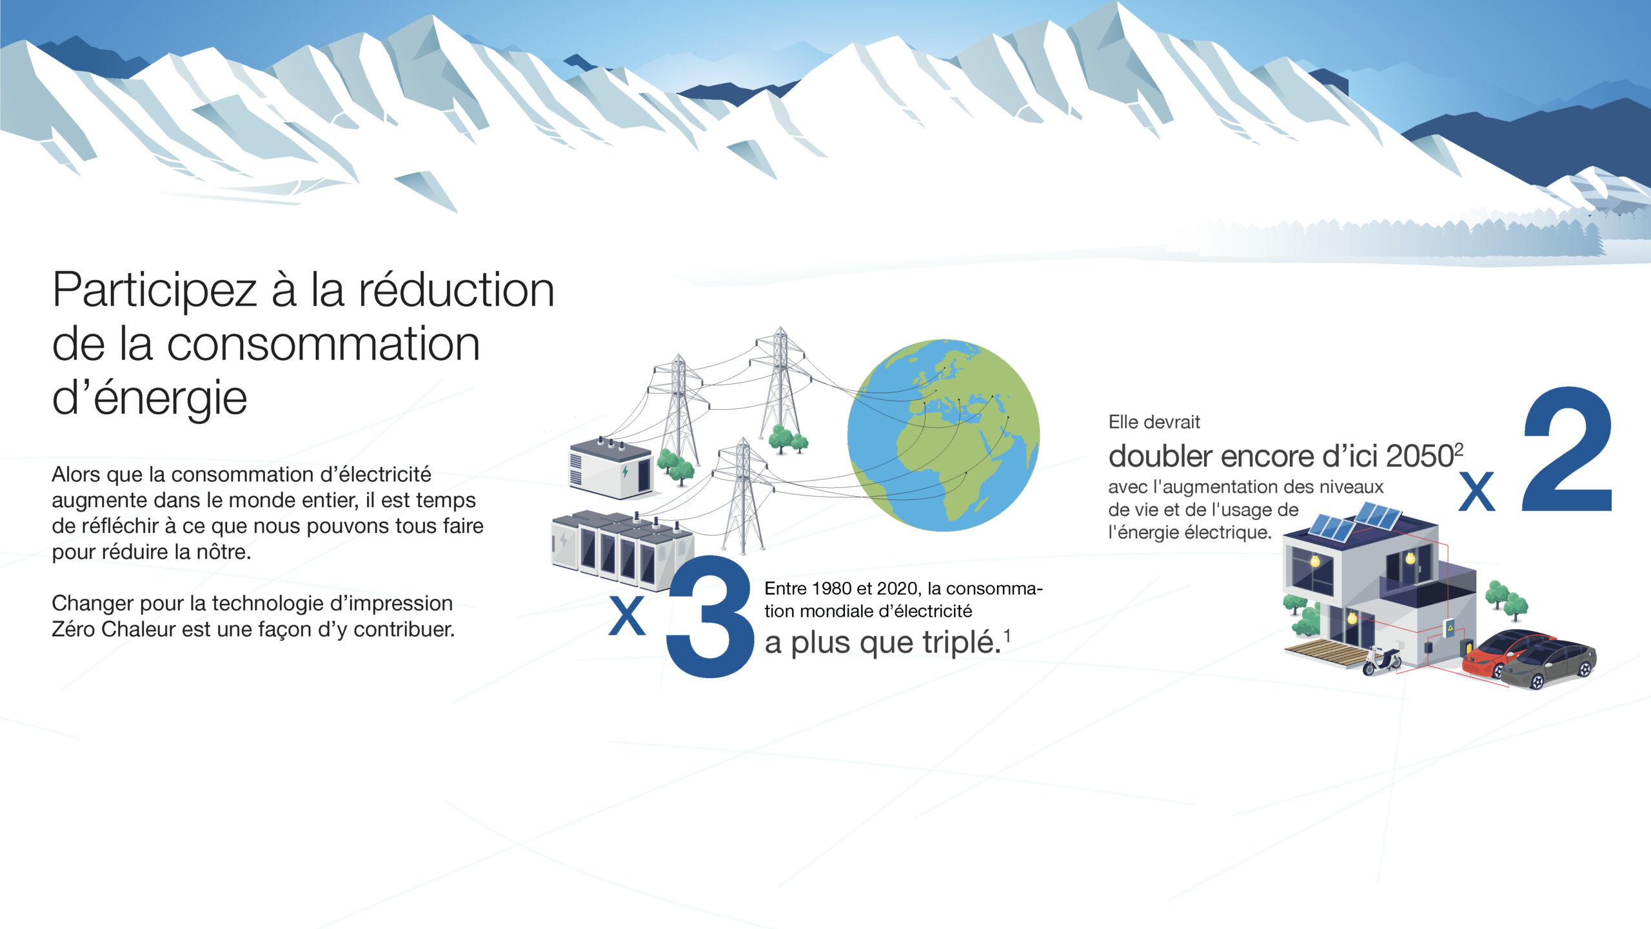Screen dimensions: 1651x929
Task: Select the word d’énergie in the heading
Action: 150,398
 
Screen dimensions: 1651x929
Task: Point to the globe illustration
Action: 944,435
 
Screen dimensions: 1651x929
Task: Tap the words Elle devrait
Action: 1154,422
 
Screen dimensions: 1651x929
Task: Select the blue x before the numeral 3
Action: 628,615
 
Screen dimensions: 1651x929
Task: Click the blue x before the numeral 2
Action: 1477,491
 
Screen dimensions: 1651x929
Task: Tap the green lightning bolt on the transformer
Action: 625,471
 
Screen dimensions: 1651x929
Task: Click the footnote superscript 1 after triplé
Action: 1007,637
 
